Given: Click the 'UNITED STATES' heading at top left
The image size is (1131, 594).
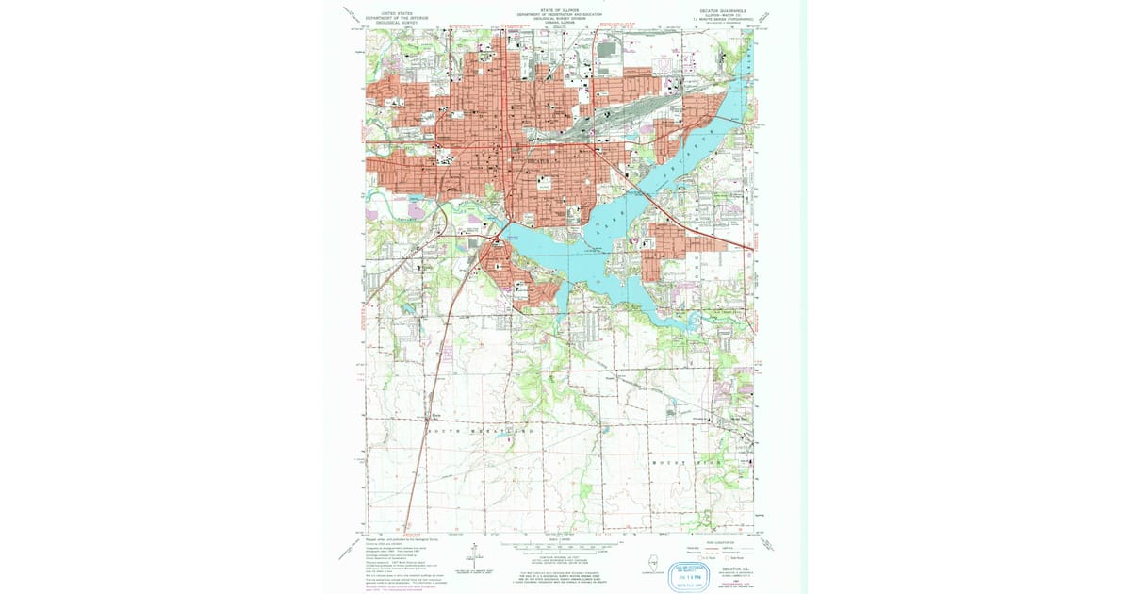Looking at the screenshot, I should [x=398, y=13].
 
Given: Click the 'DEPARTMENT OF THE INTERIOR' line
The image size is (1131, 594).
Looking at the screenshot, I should [x=398, y=18].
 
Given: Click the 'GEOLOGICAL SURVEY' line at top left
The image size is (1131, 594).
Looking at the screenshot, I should [x=398, y=23].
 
